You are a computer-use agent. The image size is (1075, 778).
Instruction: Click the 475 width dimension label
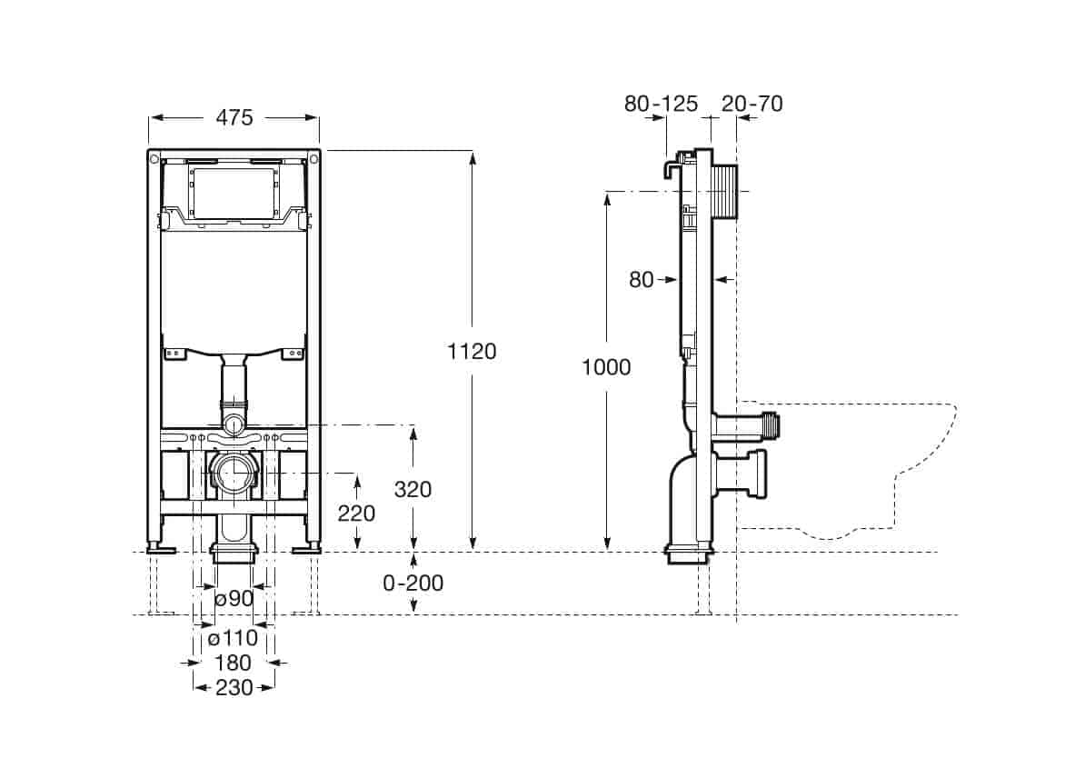click(234, 118)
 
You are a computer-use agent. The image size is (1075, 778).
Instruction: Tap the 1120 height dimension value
click(472, 352)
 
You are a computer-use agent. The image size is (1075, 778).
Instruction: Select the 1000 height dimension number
click(606, 367)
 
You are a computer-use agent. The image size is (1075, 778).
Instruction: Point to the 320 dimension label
click(413, 489)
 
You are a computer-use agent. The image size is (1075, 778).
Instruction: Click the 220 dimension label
click(356, 514)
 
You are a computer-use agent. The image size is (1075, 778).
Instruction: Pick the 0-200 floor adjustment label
click(413, 583)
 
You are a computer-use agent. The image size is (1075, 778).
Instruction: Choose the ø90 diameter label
click(234, 598)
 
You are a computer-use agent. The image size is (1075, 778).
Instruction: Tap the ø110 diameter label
click(234, 638)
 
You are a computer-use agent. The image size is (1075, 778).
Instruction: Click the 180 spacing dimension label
click(234, 663)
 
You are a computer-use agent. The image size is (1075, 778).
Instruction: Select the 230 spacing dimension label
click(234, 687)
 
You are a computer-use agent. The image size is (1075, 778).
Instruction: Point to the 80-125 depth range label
click(661, 104)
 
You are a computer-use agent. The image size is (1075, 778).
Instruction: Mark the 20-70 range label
click(752, 104)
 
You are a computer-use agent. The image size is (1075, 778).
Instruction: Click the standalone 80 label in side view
click(641, 280)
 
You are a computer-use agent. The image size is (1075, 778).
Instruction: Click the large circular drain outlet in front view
click(234, 473)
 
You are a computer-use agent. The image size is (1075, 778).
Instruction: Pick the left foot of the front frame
click(162, 548)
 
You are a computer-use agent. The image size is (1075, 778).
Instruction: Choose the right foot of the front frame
click(307, 548)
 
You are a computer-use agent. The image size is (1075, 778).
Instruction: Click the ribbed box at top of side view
click(724, 192)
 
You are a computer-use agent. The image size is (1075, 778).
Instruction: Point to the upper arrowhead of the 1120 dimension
click(473, 157)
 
